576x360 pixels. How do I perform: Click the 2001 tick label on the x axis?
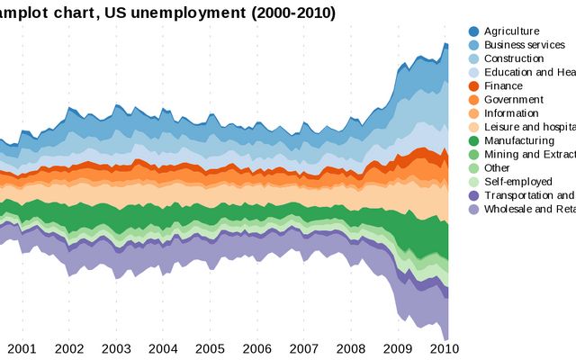[x=22, y=348]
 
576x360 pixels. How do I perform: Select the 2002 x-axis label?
[x=69, y=348]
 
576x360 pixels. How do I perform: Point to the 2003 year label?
[x=116, y=348]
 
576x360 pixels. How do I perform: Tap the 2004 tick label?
[x=163, y=348]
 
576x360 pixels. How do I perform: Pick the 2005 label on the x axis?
[x=210, y=348]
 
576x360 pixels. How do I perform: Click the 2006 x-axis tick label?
[x=256, y=348]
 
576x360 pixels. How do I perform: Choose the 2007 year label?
[x=303, y=348]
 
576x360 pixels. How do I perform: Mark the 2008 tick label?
[x=351, y=348]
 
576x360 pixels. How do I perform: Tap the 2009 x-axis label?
[x=398, y=348]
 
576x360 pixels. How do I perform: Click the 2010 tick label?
[x=445, y=348]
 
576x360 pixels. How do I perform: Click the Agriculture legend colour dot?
[x=473, y=31]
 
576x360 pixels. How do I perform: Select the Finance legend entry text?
[x=503, y=86]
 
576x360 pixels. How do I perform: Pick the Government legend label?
[x=513, y=100]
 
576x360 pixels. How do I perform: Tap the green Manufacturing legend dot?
[x=473, y=141]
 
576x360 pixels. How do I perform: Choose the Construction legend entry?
[x=514, y=58]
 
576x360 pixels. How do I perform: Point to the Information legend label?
[x=511, y=113]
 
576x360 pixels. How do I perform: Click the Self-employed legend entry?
[x=517, y=182]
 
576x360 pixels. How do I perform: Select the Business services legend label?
[x=525, y=45]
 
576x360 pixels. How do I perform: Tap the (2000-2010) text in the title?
[x=285, y=13]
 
